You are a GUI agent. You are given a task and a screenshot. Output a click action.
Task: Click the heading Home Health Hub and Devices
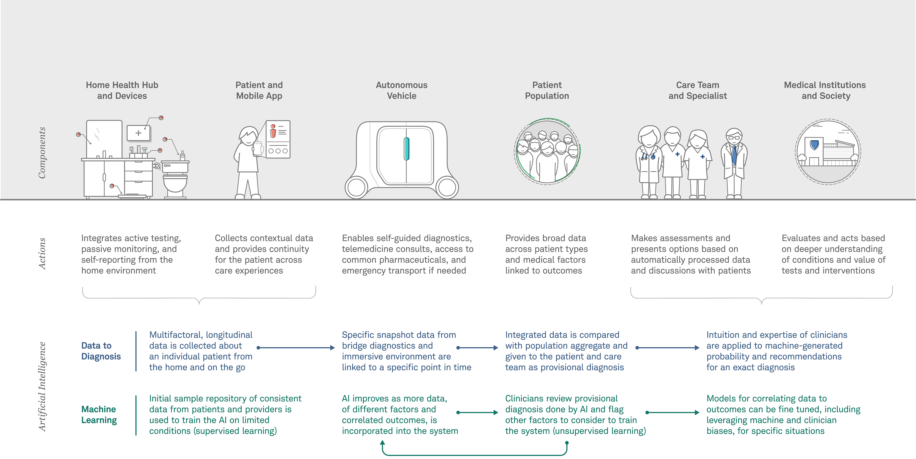122,90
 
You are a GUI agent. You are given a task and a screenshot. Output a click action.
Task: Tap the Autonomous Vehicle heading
401,90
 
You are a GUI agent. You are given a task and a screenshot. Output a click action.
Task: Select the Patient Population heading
547,90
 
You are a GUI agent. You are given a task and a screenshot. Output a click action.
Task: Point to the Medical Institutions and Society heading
825,90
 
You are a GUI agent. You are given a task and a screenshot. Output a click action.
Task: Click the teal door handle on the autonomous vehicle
406,149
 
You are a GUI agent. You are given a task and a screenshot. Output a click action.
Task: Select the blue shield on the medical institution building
814,145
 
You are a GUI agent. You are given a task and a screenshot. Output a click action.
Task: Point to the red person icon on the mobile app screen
273,131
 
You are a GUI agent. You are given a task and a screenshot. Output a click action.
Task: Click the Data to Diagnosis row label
101,351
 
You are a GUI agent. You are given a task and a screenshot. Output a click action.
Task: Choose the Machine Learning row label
99,415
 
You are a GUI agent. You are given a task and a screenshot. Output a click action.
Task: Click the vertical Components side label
42,153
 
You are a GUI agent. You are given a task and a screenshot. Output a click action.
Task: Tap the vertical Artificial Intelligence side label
42,387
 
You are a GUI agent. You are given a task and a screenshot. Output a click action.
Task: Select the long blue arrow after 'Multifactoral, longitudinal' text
296,348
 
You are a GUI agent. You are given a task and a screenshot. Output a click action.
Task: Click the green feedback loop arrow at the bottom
475,455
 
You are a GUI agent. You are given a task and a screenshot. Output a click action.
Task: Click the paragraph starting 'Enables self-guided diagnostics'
407,254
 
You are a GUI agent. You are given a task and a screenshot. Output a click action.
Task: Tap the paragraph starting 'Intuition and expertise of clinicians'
777,351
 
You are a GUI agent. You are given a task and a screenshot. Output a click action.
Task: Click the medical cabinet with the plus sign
139,133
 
